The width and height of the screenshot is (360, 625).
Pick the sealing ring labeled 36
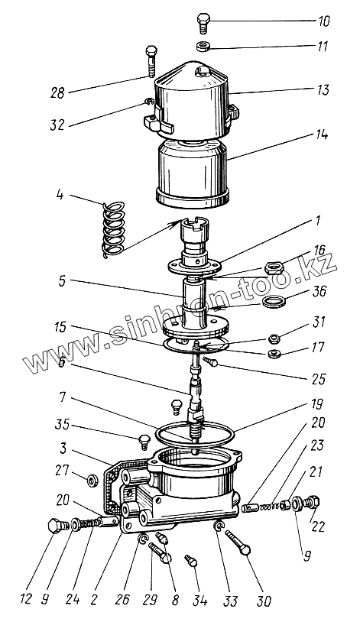point(274,301)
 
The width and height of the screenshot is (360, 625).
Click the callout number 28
point(57,93)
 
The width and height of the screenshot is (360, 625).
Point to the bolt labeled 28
point(151,61)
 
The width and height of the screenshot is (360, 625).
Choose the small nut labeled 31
point(274,339)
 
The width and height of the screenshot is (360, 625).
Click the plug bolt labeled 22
point(311,501)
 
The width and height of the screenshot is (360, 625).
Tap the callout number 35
point(61,425)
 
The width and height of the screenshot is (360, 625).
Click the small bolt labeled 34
point(191,562)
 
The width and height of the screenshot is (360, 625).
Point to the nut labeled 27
point(93,481)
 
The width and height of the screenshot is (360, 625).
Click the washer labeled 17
point(273,353)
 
